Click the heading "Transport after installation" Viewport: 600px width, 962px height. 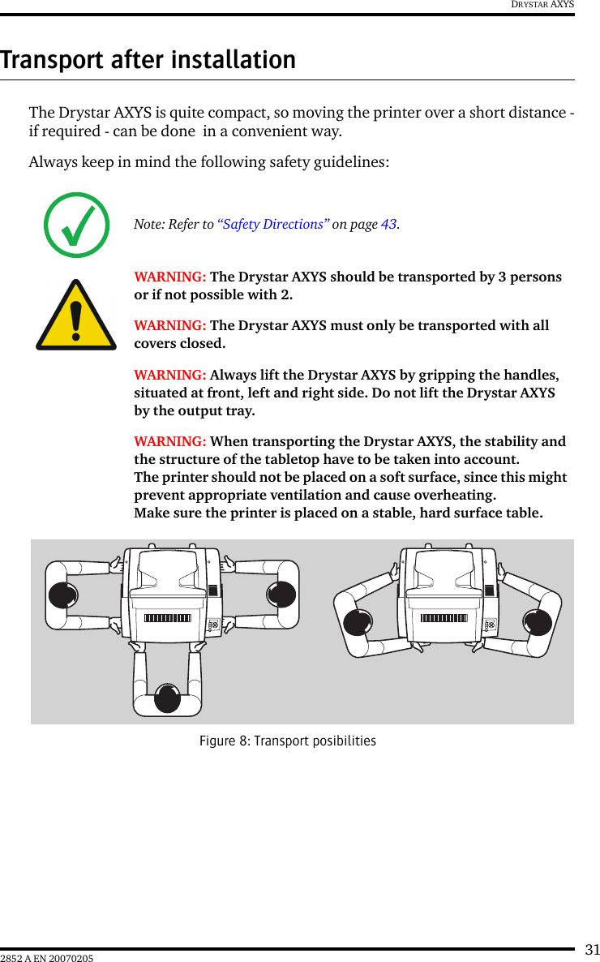[x=148, y=60]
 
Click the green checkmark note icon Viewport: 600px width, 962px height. [x=76, y=225]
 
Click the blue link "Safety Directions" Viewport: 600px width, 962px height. [x=273, y=225]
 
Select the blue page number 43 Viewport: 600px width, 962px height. [x=388, y=225]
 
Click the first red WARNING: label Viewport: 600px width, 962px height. [x=169, y=277]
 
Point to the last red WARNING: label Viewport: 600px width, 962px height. [x=169, y=442]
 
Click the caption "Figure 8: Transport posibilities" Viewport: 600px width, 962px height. [x=288, y=741]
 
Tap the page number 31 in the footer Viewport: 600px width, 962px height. [x=593, y=950]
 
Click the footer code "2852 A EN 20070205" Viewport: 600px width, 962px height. [x=47, y=959]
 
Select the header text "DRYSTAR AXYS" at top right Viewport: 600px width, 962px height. [x=542, y=5]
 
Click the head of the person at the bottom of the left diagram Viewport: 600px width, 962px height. [x=167, y=698]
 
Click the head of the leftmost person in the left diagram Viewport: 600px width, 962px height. [x=62, y=595]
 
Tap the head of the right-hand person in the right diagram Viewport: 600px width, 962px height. [x=537, y=622]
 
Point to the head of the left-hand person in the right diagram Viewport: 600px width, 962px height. [x=358, y=622]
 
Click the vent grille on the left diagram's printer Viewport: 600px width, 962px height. [x=167, y=618]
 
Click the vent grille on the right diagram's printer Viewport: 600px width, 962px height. [x=444, y=618]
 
